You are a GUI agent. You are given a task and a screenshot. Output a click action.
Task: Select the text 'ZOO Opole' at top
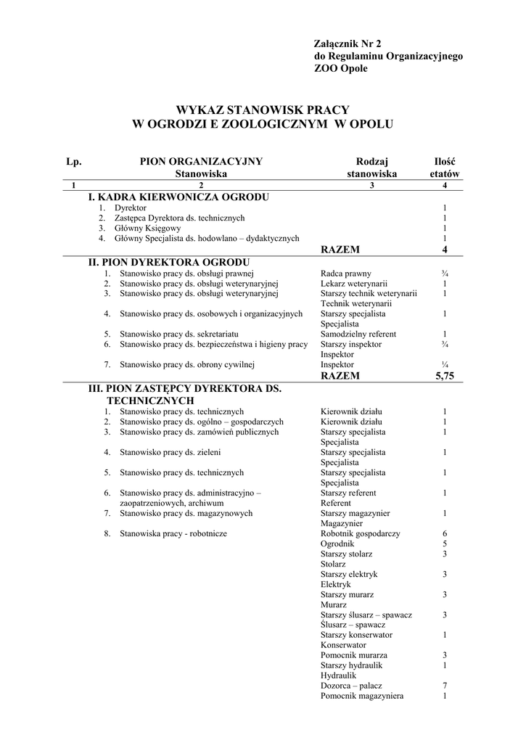pyautogui.click(x=340, y=68)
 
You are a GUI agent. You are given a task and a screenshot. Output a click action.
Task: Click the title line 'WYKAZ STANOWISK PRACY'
pyautogui.click(x=262, y=110)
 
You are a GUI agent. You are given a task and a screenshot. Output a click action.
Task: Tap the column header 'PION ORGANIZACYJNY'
pyautogui.click(x=201, y=162)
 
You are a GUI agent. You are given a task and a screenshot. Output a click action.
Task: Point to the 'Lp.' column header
pyautogui.click(x=73, y=162)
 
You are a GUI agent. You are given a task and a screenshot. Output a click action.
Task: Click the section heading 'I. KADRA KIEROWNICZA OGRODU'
pyautogui.click(x=178, y=197)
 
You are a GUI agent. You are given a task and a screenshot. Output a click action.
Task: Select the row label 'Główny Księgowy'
pyautogui.click(x=150, y=228)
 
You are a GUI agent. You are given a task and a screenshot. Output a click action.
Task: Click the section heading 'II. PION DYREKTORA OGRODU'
pyautogui.click(x=169, y=262)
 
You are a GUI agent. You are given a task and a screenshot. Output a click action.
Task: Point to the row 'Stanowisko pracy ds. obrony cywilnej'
pyautogui.click(x=186, y=364)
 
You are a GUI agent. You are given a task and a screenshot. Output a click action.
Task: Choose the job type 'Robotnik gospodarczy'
pyautogui.click(x=360, y=533)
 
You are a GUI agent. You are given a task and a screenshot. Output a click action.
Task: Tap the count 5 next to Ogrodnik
pyautogui.click(x=444, y=543)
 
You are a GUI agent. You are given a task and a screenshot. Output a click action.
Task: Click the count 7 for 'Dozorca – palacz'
pyautogui.click(x=444, y=686)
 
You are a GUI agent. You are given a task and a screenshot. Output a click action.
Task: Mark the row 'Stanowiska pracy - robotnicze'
pyautogui.click(x=173, y=533)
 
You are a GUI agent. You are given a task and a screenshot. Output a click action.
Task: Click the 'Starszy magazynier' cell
pyautogui.click(x=355, y=513)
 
